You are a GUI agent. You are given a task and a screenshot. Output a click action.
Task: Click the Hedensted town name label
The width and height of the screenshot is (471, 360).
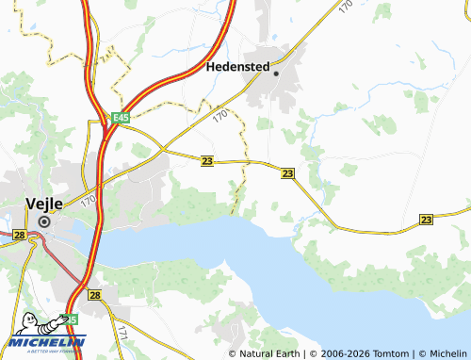tap(238, 68)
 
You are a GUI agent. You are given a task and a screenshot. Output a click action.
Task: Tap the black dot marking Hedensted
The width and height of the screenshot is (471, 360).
tap(276, 73)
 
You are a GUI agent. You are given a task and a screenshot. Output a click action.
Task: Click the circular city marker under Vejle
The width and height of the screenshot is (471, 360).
tap(43, 221)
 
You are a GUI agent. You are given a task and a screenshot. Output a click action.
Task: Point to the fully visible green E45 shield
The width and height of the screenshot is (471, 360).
tap(119, 118)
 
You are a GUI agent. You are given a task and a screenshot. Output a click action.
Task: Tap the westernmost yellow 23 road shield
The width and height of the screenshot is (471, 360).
tap(206, 161)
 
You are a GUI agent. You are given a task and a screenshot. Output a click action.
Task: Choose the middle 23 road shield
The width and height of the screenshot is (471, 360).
tap(287, 173)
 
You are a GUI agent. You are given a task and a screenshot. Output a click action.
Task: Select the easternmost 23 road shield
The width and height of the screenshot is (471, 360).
tap(426, 219)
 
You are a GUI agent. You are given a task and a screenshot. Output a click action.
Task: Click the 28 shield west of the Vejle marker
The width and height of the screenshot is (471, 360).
tap(19, 235)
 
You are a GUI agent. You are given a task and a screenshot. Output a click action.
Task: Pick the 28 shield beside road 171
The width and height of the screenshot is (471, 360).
tap(94, 295)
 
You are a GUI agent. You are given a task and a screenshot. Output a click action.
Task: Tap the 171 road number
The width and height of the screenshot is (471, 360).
tap(122, 332)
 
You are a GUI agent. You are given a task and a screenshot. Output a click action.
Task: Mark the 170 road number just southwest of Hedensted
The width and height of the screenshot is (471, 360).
tap(221, 116)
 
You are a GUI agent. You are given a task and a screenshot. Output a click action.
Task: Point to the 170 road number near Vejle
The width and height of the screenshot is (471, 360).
tap(88, 200)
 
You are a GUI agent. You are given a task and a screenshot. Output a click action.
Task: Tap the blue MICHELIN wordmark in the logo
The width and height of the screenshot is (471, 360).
tap(47, 341)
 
